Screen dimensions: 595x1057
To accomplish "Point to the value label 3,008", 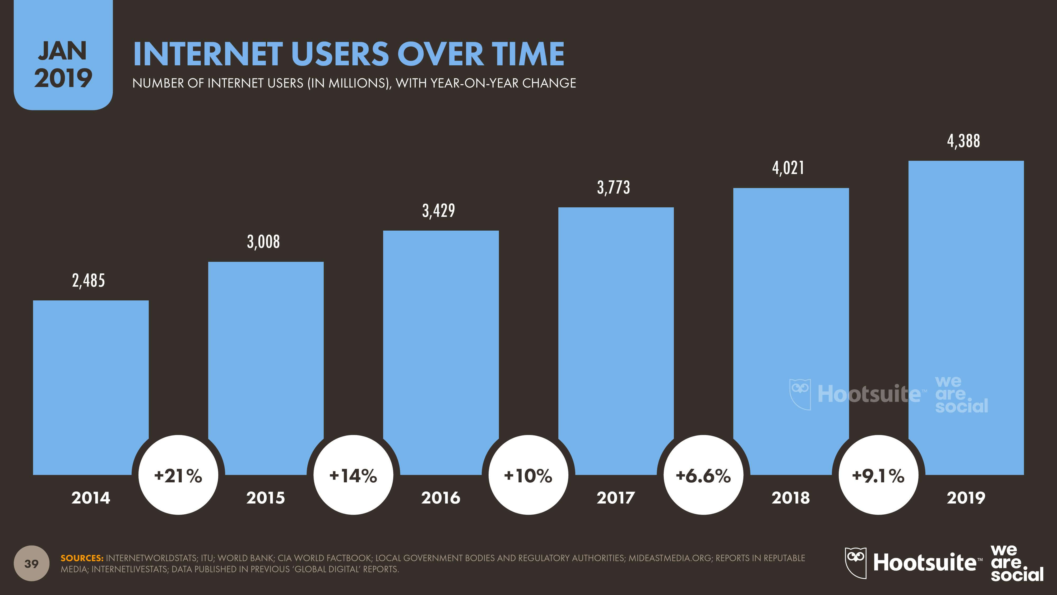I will coord(263,242).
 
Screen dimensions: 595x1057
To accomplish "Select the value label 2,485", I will coord(88,281).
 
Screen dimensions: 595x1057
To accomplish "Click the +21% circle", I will coord(178,475).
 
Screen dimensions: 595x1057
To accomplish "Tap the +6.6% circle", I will coord(703,475).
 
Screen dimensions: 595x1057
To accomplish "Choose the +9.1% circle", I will coord(878,475).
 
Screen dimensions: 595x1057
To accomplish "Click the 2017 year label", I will coord(615,498).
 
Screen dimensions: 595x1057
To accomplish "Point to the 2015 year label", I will coord(266,498).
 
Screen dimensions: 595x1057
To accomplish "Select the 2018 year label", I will coord(791,498).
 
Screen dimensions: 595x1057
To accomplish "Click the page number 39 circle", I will coord(32,563).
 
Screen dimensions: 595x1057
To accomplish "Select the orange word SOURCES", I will coord(82,558).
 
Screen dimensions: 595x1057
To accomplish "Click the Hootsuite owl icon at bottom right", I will coord(856,562).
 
